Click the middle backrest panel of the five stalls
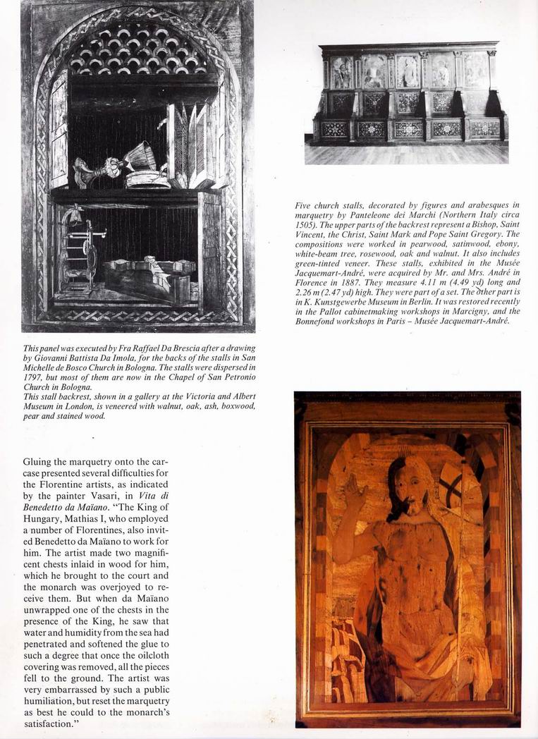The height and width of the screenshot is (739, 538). point(408,71)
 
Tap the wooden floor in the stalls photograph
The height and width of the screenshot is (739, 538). point(406,153)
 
